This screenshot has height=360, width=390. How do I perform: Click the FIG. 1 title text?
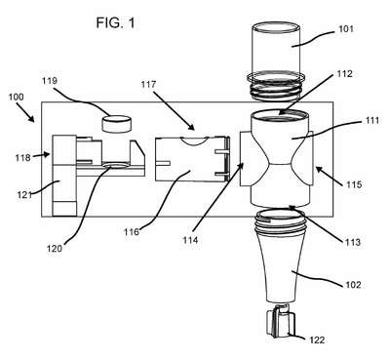pyautogui.click(x=115, y=22)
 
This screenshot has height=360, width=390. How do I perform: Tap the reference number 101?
pyautogui.click(x=346, y=28)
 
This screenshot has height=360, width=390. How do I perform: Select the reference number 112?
pyautogui.click(x=345, y=74)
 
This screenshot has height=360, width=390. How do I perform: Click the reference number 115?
pyautogui.click(x=354, y=184)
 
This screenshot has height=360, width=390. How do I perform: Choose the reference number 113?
pyautogui.click(x=353, y=242)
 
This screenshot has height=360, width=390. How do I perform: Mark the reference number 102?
pyautogui.click(x=353, y=285)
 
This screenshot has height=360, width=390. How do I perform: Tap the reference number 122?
pyautogui.click(x=317, y=340)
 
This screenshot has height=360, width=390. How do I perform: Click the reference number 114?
pyautogui.click(x=190, y=240)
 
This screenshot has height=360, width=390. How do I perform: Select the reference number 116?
pyautogui.click(x=132, y=232)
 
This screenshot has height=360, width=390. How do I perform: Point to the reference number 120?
pyautogui.click(x=55, y=249)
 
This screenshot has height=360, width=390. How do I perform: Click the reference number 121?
pyautogui.click(x=24, y=195)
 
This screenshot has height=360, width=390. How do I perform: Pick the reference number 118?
pyautogui.click(x=22, y=158)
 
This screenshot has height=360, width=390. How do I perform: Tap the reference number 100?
pyautogui.click(x=17, y=97)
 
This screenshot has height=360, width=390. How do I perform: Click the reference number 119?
pyautogui.click(x=50, y=80)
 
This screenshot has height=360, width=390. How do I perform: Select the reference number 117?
pyautogui.click(x=148, y=85)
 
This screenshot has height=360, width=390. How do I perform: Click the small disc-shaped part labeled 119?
pyautogui.click(x=117, y=124)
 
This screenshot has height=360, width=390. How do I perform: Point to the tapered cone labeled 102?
pyautogui.click(x=280, y=257)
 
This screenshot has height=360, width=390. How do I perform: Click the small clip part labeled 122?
pyautogui.click(x=280, y=323)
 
